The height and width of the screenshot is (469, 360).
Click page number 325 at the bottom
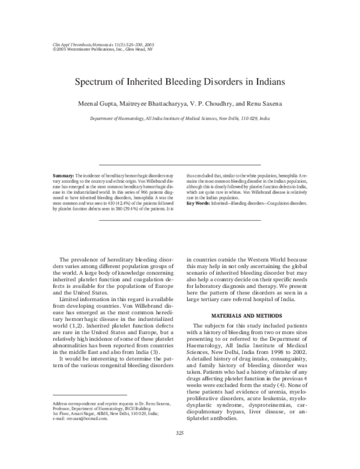(179, 450)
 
